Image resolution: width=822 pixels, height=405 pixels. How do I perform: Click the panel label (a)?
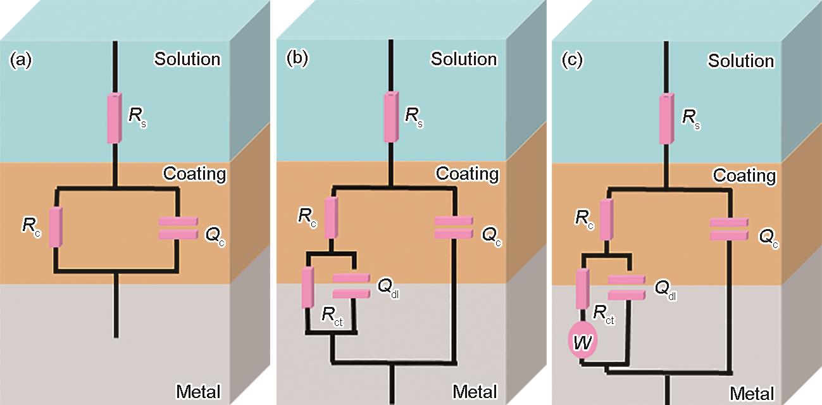tap(21, 61)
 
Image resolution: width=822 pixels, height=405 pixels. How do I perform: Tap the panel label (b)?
tap(297, 59)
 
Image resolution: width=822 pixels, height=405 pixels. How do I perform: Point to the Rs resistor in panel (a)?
tap(115, 117)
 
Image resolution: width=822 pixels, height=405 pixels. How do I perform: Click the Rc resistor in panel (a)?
tap(56, 226)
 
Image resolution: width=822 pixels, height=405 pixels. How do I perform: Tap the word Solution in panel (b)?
tap(464, 59)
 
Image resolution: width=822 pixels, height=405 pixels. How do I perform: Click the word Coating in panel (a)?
tap(194, 173)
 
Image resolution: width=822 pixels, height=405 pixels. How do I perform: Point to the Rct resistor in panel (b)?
tap(308, 288)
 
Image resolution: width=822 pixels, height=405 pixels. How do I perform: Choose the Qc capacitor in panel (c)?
tap(728, 228)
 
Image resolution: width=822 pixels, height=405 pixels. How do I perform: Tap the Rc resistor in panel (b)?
tap(331, 217)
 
